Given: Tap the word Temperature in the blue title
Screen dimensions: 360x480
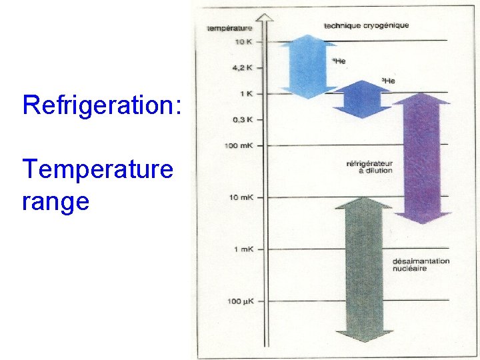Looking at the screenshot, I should coord(97,170).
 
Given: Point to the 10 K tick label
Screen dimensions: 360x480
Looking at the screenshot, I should coord(243,41).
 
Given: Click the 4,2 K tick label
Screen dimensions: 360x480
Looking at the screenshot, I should coord(241,67).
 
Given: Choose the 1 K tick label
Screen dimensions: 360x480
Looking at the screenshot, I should coord(245,93).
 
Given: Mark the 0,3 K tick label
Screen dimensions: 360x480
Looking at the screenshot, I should coord(243,119).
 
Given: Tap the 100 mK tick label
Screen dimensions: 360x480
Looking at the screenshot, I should coord(239,145).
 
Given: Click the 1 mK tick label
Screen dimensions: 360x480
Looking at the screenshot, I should coord(243,249).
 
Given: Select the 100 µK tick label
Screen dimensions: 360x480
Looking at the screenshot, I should coord(239,301).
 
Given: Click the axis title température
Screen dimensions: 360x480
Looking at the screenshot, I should coord(229,28).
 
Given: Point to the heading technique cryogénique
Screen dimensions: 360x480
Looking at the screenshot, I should coord(366,25).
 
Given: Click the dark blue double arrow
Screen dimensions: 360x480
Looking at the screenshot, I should coord(361,99).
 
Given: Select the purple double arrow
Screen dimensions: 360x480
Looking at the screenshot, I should coord(421,159).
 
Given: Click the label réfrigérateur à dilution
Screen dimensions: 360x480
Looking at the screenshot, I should coord(369,167).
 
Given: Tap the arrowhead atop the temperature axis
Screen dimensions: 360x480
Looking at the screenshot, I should coord(267,19).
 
